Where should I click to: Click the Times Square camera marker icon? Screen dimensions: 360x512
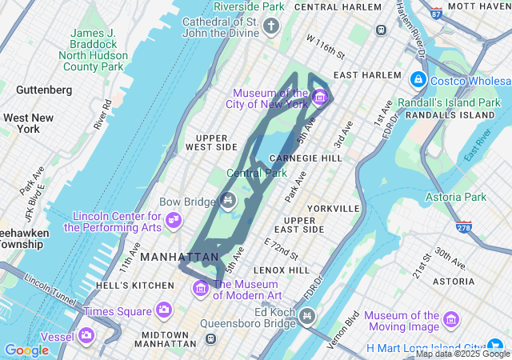(164, 310)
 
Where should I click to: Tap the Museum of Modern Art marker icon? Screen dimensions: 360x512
(200, 288)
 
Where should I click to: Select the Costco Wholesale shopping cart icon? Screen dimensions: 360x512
(418, 80)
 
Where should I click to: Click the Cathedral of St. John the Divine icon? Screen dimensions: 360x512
(271, 28)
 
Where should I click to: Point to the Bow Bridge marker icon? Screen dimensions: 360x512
(228, 201)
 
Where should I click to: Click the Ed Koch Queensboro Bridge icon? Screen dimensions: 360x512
(306, 318)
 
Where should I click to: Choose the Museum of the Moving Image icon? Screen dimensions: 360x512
(450, 321)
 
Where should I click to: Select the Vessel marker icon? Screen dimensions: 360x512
(86, 335)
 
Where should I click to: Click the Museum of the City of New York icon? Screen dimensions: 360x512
(319, 98)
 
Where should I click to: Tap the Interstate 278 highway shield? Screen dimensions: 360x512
(464, 227)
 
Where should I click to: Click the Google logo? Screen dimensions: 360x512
(26, 350)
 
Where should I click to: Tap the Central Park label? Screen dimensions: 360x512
(256, 173)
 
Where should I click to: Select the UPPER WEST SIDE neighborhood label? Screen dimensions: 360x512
(211, 142)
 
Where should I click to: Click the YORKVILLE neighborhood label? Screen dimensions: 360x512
(333, 208)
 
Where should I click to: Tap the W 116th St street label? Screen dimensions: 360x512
(324, 46)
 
